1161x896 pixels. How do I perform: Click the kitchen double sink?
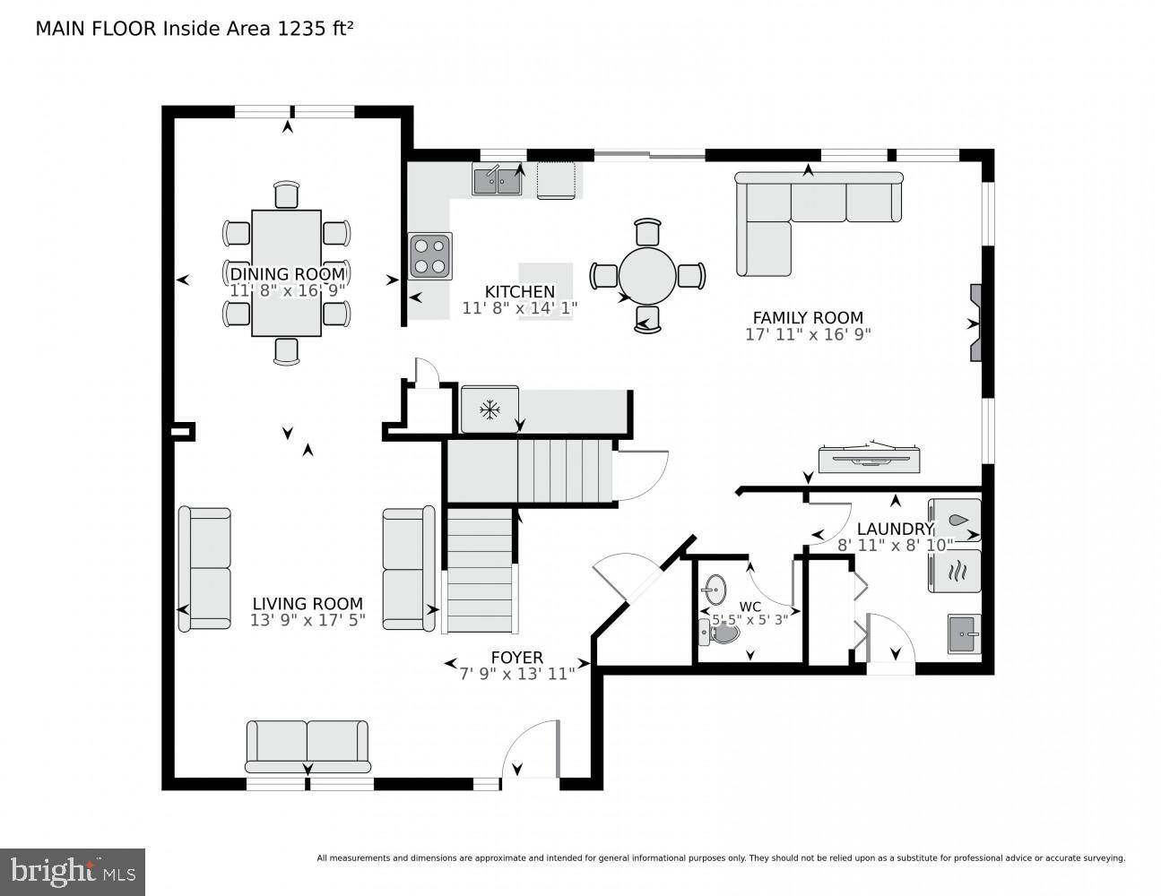point(498,180)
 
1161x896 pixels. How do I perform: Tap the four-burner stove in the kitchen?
point(430,256)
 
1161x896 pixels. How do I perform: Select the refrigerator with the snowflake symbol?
point(490,410)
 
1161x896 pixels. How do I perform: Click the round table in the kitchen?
point(647,276)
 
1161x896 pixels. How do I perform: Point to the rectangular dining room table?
point(286,273)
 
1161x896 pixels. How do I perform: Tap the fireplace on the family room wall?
point(976,323)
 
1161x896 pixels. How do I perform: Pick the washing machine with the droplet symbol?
point(956,521)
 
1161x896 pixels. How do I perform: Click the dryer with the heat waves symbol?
point(956,571)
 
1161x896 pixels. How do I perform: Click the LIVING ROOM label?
point(308,604)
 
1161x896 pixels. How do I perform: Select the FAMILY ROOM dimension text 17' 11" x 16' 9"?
point(808,334)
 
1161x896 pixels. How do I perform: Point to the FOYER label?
point(516,658)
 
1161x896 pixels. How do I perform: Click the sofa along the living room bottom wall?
point(308,745)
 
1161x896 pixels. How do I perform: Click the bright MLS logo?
point(73,871)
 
